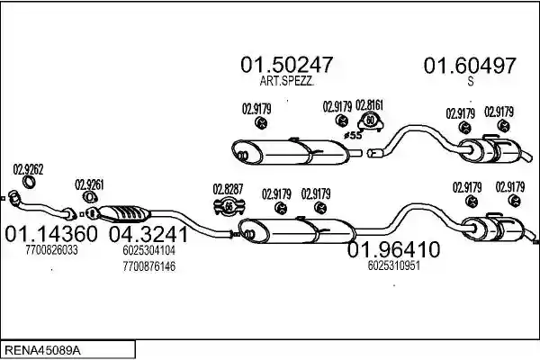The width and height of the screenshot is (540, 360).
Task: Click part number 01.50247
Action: (x=286, y=65)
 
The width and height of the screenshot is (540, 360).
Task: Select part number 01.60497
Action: (x=470, y=66)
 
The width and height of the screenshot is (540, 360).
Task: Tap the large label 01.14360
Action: (x=51, y=234)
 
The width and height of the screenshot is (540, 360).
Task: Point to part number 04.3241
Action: (x=148, y=234)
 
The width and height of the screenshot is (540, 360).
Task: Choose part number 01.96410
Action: (x=393, y=249)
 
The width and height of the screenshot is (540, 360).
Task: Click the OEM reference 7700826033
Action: (x=51, y=250)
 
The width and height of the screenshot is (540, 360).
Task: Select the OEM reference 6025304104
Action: (x=148, y=250)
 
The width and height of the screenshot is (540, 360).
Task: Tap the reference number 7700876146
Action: (x=148, y=266)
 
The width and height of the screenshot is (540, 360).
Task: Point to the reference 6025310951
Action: (x=393, y=265)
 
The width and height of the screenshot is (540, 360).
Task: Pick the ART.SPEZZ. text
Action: (x=286, y=81)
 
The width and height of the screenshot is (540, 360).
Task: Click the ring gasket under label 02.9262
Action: (x=29, y=182)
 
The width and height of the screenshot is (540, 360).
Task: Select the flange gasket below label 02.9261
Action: (x=90, y=198)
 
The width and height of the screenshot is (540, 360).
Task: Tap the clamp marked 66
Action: (x=229, y=207)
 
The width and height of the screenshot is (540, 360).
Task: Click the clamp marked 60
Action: (x=370, y=121)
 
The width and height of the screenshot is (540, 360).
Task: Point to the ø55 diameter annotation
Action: (x=353, y=135)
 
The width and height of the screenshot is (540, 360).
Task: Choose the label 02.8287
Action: (x=228, y=189)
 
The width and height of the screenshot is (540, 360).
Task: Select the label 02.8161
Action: (x=369, y=105)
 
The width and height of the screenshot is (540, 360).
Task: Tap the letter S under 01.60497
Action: (x=471, y=81)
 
